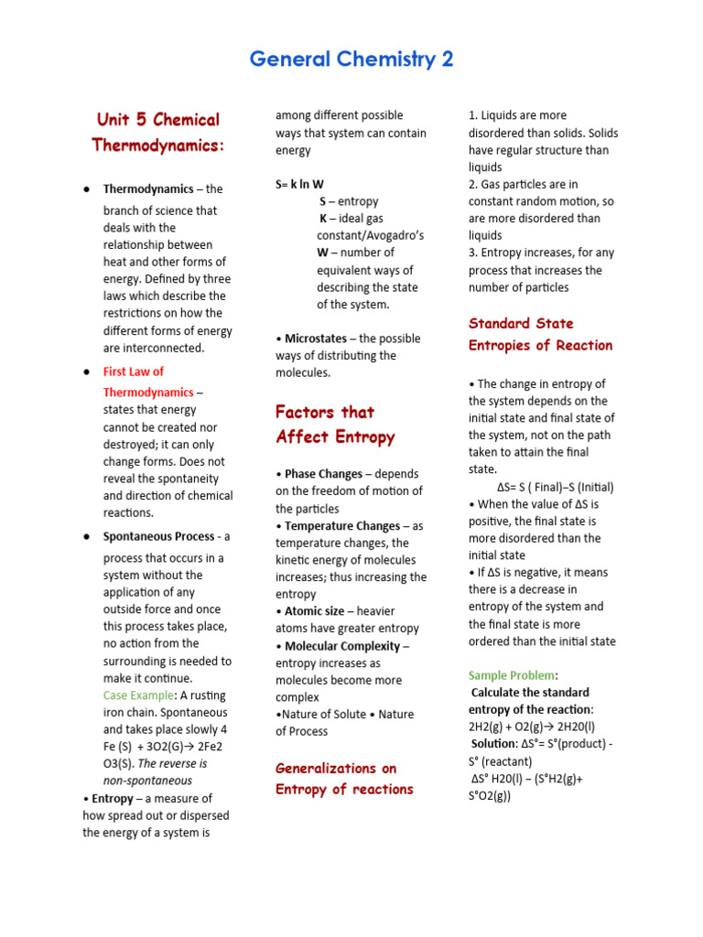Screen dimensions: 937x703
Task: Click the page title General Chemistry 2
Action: [351, 60]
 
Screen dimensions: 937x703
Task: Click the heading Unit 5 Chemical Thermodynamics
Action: [158, 133]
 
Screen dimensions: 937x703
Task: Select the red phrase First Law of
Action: [134, 372]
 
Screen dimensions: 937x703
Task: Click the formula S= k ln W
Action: [299, 184]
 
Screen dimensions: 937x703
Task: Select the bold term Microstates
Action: [313, 339]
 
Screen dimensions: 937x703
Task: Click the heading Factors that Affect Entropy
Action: [335, 425]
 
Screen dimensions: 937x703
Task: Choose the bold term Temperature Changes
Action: [341, 526]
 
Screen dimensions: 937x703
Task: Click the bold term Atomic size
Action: [314, 611]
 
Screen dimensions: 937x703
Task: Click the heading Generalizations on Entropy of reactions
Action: [344, 779]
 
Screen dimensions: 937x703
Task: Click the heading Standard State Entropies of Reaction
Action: [540, 334]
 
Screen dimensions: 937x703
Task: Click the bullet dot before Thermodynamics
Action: [86, 189]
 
